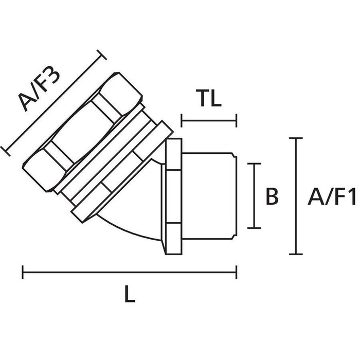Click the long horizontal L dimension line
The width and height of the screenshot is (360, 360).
point(129,272)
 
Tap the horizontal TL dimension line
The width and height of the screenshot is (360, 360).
point(208,121)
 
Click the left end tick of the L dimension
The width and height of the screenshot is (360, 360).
point(22,272)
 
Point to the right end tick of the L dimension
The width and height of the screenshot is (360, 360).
point(236,272)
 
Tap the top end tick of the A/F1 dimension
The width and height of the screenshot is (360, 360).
point(295,139)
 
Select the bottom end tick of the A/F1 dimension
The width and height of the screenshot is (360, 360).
point(295,254)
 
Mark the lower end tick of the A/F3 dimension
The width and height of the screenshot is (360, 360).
point(6,150)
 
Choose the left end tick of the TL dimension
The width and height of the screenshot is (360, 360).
point(181,121)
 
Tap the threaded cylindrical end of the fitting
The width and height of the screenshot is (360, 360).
point(208,195)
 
